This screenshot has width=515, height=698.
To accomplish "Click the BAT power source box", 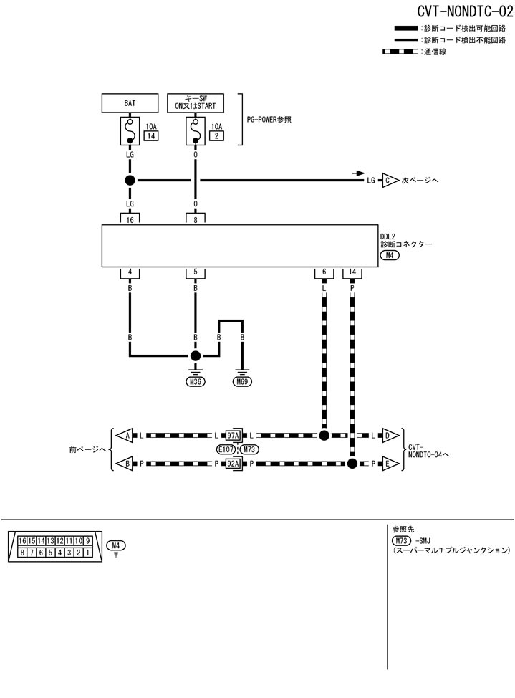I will coord(130,103).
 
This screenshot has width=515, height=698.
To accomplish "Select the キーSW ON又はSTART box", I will coord(195,103).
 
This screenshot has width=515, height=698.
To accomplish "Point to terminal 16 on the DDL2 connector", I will coord(130,220).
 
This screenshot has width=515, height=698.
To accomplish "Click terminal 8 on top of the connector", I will coord(195,220).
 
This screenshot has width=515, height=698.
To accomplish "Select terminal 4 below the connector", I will coord(130,272).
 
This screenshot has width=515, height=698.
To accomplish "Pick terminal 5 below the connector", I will coord(195,272).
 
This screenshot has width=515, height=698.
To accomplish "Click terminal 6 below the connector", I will coord(324,272).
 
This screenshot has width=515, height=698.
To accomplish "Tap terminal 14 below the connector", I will coord(352,272).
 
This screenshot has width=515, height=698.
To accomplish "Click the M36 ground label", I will coord(195,382).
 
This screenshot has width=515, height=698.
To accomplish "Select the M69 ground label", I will coord(243,382).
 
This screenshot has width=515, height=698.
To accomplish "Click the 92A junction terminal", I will coord(232,464).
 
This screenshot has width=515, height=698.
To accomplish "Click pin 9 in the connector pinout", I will coord(87,540).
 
